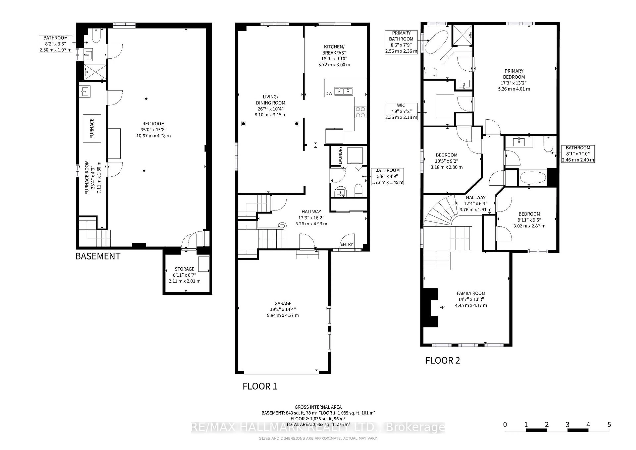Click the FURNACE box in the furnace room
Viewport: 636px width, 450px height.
[92, 129]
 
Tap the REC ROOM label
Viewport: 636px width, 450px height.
[154, 129]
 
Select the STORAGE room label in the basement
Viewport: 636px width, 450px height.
[185, 275]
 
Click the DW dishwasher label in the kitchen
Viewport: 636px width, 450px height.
[329, 94]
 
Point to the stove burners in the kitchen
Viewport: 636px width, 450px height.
[360, 112]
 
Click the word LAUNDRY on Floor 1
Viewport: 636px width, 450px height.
[340, 155]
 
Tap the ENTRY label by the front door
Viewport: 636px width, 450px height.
[346, 244]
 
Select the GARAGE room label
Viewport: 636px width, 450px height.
[283, 309]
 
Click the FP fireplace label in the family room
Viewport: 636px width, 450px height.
[442, 308]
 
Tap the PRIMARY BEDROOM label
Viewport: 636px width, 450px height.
[514, 80]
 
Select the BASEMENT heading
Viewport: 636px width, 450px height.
[98, 256]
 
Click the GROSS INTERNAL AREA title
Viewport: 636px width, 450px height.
[318, 407]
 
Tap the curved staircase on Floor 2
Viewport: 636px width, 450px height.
[440, 213]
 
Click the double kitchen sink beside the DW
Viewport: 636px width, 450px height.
[344, 91]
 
